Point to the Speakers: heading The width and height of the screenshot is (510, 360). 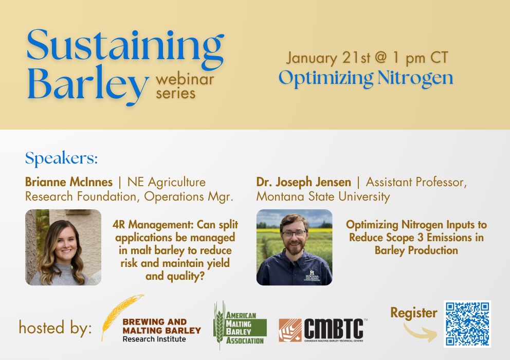[x=61, y=158]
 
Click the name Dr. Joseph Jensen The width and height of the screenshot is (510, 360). [x=303, y=182]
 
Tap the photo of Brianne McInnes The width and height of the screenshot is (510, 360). [x=63, y=247]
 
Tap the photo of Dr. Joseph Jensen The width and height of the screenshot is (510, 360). [x=294, y=247]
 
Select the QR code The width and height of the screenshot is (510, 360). [x=468, y=323]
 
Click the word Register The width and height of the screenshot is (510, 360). [x=413, y=313]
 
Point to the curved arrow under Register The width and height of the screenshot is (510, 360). [x=419, y=332]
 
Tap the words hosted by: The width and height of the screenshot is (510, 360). [x=55, y=328]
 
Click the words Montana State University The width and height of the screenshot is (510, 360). [x=323, y=196]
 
